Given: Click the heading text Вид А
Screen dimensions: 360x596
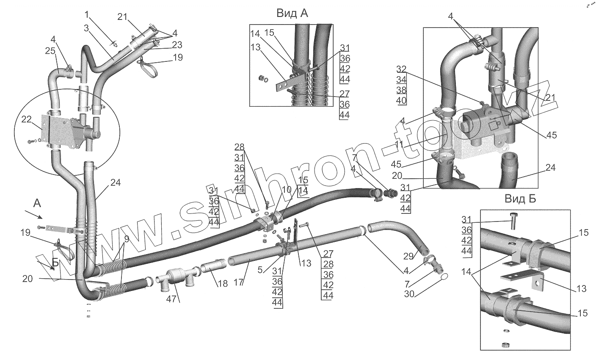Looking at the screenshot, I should click(292, 13).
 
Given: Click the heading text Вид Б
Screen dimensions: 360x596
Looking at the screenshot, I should click(520, 199).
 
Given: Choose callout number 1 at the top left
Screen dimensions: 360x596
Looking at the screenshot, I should click(87, 15).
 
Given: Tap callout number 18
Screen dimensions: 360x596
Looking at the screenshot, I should click(223, 284).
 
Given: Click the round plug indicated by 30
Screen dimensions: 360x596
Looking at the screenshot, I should click(444, 277).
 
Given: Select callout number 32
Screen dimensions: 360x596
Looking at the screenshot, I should click(402, 69).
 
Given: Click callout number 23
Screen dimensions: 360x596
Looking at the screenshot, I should click(177, 44).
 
